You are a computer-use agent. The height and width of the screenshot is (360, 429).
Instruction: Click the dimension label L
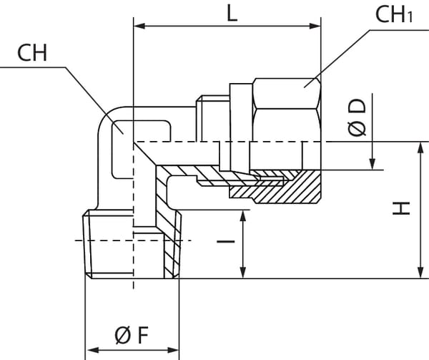coord(232,13)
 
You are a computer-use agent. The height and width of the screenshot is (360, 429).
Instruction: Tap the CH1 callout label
coord(394,16)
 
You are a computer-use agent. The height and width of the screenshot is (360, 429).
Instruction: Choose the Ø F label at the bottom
coord(132,334)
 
